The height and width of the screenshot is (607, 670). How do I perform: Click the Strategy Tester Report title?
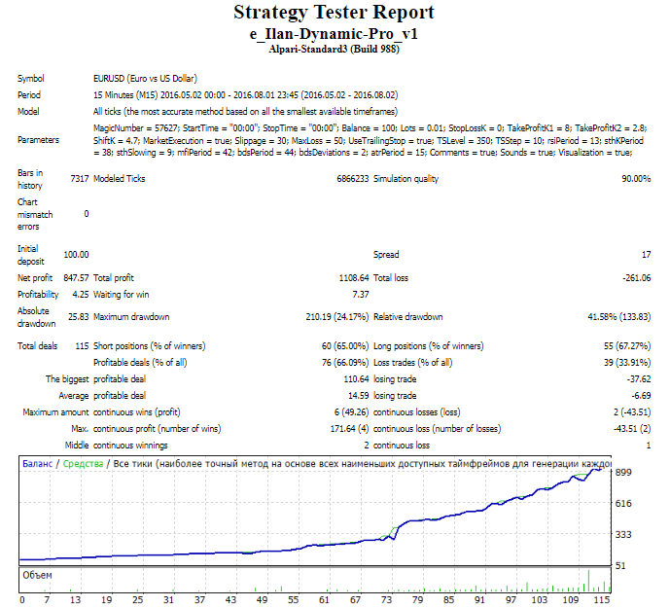click(x=334, y=13)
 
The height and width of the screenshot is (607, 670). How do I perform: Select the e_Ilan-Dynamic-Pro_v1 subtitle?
click(x=334, y=33)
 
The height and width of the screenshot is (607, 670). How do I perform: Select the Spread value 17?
click(x=645, y=255)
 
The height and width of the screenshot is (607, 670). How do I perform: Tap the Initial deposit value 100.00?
click(x=75, y=255)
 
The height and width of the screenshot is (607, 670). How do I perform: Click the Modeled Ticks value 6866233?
click(x=346, y=179)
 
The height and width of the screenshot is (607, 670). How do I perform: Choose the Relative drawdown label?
click(x=408, y=317)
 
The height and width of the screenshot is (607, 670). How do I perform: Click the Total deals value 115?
click(x=81, y=346)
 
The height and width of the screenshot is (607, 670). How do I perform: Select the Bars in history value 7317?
click(x=79, y=179)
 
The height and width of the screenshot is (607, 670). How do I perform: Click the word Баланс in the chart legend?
click(x=39, y=465)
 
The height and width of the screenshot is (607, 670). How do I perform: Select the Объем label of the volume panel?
click(x=39, y=576)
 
